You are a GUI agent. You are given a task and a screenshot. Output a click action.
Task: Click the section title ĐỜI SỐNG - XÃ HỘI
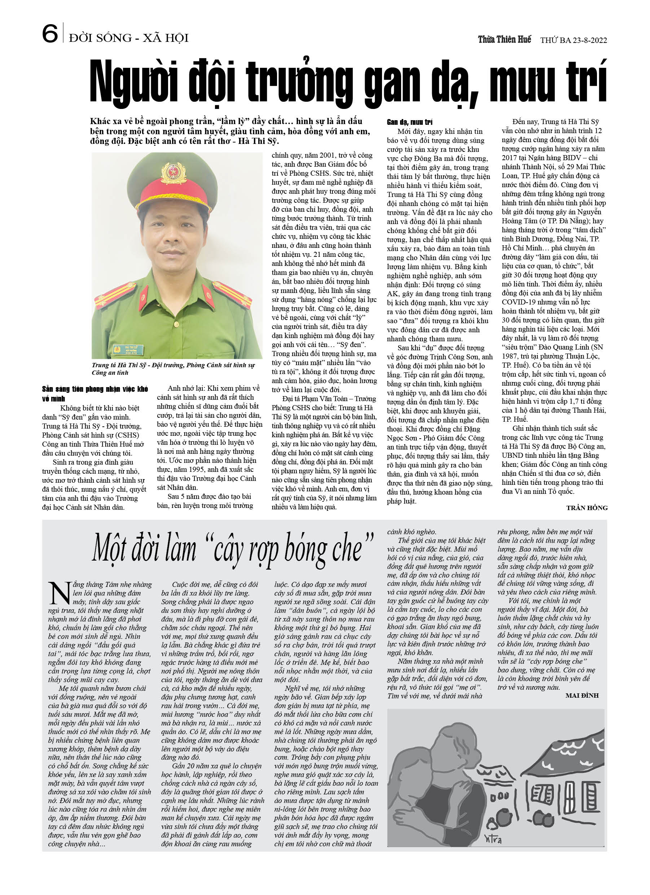tap(129, 38)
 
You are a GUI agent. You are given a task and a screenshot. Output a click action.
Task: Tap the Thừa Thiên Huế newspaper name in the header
tap(504, 39)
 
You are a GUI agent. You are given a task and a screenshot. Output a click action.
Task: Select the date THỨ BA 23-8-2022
tap(574, 40)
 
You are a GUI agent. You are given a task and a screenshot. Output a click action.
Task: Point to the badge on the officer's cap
tap(174, 173)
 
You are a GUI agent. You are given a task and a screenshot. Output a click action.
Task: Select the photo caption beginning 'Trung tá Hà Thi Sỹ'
tap(173, 369)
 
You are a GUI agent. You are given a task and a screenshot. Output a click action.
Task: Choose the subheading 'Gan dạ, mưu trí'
tap(410, 122)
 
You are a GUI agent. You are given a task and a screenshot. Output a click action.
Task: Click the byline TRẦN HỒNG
tap(587, 508)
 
